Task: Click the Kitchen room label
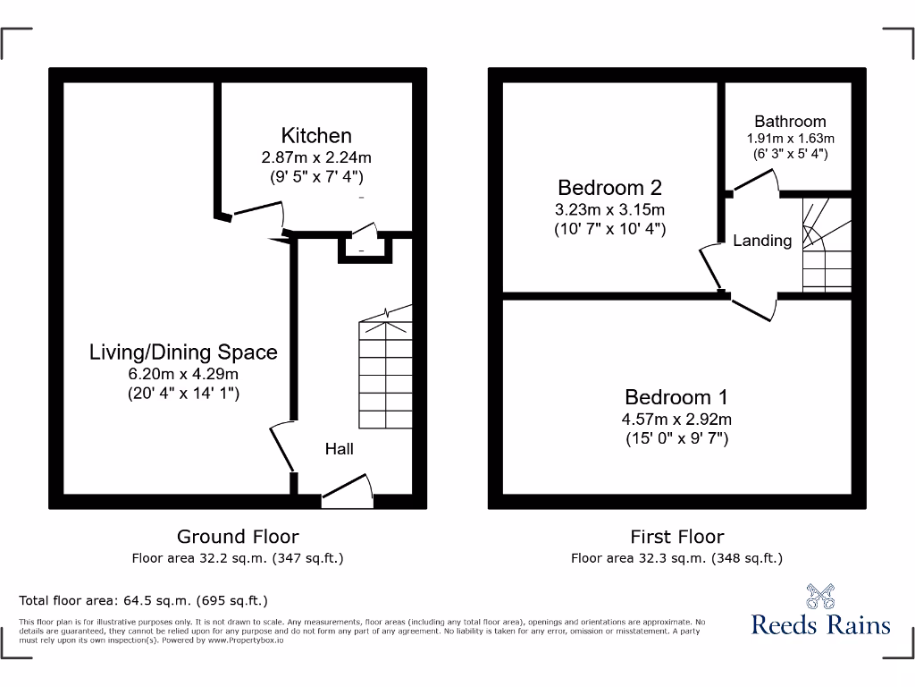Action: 316,136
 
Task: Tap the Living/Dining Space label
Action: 183,352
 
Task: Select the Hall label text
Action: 339,448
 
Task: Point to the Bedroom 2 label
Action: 609,188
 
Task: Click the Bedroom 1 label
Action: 676,397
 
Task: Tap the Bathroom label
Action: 790,122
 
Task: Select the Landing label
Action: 762,241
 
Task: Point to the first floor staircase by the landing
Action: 826,247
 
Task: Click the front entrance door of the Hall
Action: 347,490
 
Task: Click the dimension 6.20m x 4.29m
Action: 183,374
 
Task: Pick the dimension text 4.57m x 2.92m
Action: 676,420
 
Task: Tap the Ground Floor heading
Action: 238,537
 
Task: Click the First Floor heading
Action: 676,537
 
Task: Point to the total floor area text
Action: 143,600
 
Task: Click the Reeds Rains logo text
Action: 820,623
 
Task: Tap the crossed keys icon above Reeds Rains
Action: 820,596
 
